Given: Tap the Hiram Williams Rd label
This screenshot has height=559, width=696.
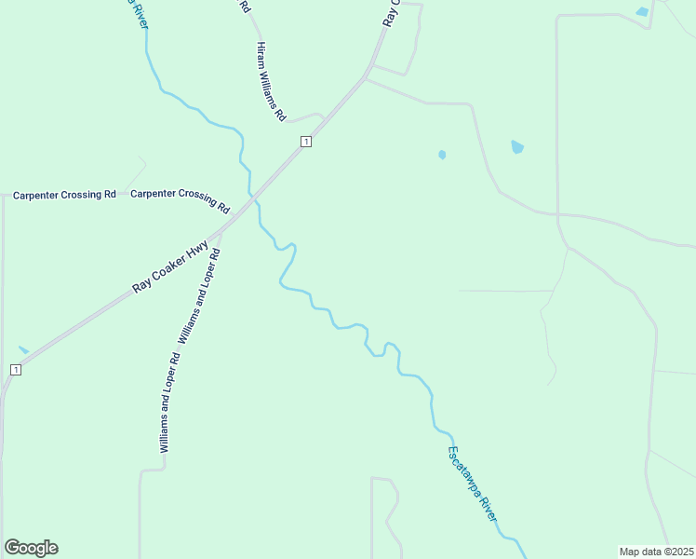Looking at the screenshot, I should click(x=271, y=83).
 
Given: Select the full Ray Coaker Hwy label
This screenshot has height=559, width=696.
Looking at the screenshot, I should click(x=169, y=267).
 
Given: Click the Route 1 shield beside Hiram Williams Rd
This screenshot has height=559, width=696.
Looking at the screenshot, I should click(x=305, y=141).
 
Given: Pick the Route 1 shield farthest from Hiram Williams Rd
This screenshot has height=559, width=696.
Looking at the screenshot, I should click(x=15, y=370).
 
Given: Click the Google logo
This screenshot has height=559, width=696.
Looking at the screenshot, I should click(x=31, y=548).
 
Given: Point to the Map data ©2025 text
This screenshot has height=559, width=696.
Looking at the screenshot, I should click(x=657, y=551).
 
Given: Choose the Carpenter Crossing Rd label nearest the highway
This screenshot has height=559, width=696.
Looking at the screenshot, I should click(x=180, y=198).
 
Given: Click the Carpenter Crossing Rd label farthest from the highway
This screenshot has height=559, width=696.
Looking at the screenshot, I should click(x=64, y=195).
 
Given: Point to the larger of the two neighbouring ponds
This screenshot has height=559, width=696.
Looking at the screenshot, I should click(x=517, y=146).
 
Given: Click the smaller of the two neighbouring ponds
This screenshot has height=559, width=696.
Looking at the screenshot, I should click(x=442, y=155).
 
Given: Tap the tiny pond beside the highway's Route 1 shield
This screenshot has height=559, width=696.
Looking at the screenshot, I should click(x=23, y=349).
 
